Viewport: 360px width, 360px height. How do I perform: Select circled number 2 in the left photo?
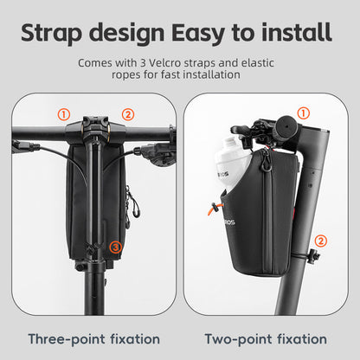coord(127,113)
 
